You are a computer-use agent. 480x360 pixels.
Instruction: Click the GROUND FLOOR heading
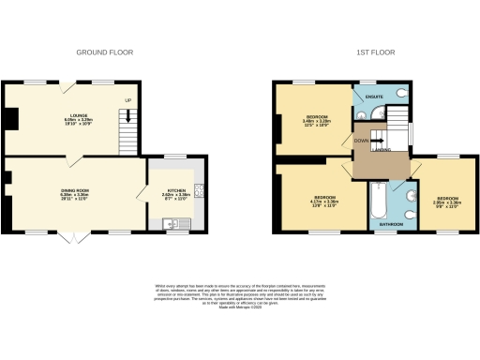click(x=103, y=53)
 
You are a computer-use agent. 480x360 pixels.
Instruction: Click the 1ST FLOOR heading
click(x=367, y=53)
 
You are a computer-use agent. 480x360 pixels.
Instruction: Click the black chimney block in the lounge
click(x=9, y=119)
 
